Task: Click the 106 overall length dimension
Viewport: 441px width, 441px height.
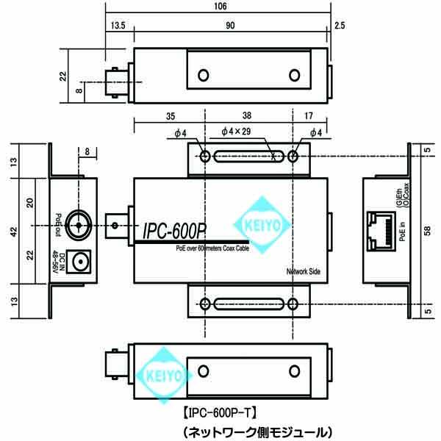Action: pyautogui.click(x=219, y=7)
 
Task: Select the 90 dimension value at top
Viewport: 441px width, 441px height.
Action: pyautogui.click(x=230, y=26)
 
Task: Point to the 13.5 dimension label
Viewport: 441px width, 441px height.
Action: pyautogui.click(x=118, y=26)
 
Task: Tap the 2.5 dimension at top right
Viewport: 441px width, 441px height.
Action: pyautogui.click(x=339, y=26)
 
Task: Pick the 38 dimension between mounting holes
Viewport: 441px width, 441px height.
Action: pyautogui.click(x=248, y=115)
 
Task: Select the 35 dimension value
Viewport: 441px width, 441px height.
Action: pyautogui.click(x=170, y=115)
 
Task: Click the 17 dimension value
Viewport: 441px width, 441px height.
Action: pyautogui.click(x=307, y=115)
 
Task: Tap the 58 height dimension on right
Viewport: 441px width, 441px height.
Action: pyautogui.click(x=427, y=229)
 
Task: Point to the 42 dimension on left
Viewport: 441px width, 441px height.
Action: pyautogui.click(x=12, y=231)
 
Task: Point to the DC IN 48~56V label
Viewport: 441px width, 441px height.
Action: pyautogui.click(x=60, y=262)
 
